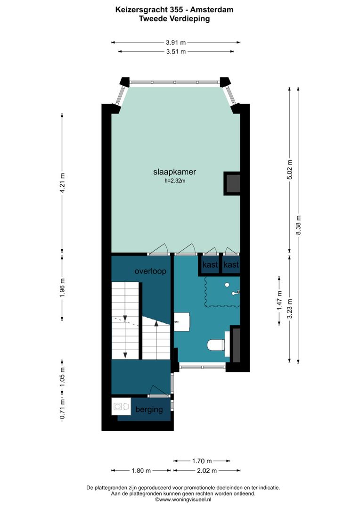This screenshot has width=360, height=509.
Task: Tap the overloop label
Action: pyautogui.click(x=150, y=271)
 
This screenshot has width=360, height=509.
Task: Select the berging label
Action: pyautogui.click(x=149, y=409)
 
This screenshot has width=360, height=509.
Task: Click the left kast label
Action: pyautogui.click(x=210, y=265)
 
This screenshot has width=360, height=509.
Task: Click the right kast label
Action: pyautogui.click(x=231, y=265)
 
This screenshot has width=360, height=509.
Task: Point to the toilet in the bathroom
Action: pyautogui.click(x=216, y=345)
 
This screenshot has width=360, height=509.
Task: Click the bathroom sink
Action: pyautogui.click(x=181, y=321)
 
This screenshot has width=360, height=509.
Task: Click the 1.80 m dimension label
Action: pyautogui.click(x=141, y=470)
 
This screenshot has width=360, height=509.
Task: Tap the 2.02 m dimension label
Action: pyautogui.click(x=207, y=470)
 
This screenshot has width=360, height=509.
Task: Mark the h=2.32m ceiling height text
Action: pyautogui.click(x=175, y=180)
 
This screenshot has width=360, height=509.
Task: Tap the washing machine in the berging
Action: pyautogui.click(x=121, y=406)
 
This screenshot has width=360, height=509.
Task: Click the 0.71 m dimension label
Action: pyautogui.click(x=63, y=410)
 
